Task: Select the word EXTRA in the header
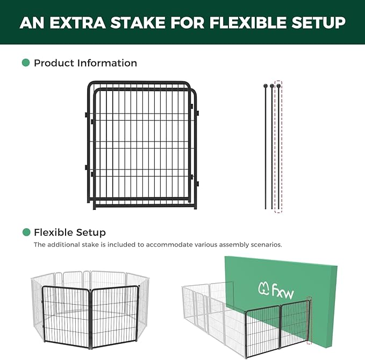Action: click(76, 23)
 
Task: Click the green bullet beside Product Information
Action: click(26, 63)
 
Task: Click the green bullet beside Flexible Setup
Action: click(26, 232)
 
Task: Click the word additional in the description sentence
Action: click(63, 244)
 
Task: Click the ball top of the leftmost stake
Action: click(265, 86)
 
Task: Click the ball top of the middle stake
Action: click(272, 86)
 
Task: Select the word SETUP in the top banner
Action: click(317, 23)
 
